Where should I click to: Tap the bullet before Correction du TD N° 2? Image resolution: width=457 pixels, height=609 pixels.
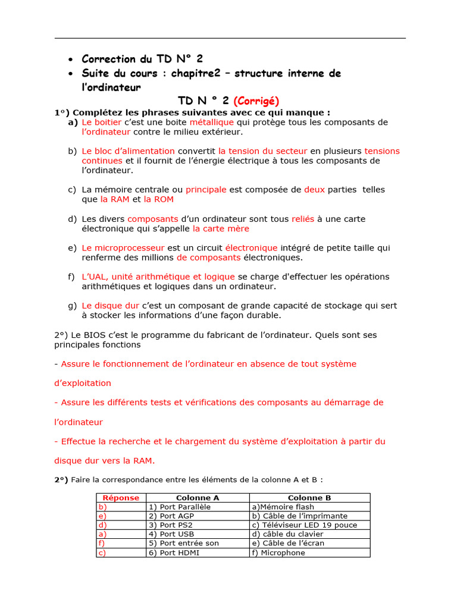tap(71, 60)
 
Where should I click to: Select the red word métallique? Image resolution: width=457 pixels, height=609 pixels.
tap(212, 122)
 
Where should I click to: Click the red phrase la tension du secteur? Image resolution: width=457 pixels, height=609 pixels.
tap(262, 151)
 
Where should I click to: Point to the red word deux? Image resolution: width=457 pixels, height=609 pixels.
tap(314, 190)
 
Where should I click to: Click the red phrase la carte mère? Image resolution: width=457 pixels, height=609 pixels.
tap(221, 228)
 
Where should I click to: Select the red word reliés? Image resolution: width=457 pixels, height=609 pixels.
tap(303, 219)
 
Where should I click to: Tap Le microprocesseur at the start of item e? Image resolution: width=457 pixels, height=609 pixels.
tap(123, 248)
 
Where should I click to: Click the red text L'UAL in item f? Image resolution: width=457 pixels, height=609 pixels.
tap(93, 277)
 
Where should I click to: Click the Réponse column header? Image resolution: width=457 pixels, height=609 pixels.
tap(121, 498)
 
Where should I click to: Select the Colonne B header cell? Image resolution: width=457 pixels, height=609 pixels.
tap(309, 498)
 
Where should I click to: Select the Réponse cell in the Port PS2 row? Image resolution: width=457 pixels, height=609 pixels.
tap(121, 525)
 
